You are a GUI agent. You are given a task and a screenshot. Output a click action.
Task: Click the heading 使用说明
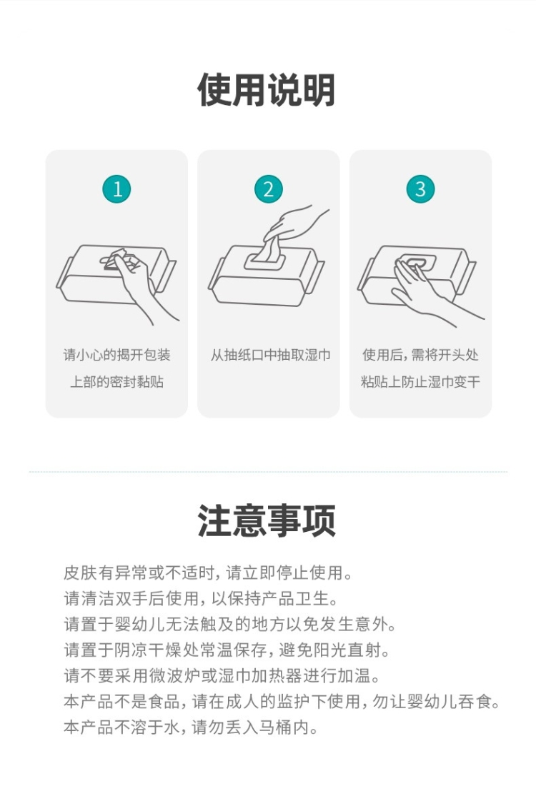(x=267, y=91)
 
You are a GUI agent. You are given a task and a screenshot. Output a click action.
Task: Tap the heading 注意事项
(x=267, y=520)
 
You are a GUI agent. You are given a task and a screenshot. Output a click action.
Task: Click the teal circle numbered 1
(x=116, y=188)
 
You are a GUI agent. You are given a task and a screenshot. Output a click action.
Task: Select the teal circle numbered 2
(x=268, y=188)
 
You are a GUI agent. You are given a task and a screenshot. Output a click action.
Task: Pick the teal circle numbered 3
(x=420, y=188)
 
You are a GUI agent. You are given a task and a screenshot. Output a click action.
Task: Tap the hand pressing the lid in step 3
(x=425, y=292)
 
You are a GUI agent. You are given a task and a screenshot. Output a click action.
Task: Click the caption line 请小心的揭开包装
(x=117, y=355)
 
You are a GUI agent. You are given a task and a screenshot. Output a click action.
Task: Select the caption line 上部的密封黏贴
(x=117, y=382)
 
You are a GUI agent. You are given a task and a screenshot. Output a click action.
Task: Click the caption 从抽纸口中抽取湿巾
(x=270, y=355)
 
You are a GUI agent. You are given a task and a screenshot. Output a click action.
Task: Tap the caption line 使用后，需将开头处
(x=420, y=355)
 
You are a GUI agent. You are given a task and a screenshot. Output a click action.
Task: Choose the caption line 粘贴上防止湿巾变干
(x=420, y=382)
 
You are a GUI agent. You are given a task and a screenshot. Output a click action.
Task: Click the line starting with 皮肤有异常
(x=209, y=573)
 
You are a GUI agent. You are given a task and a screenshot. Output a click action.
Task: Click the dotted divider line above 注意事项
(x=268, y=472)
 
